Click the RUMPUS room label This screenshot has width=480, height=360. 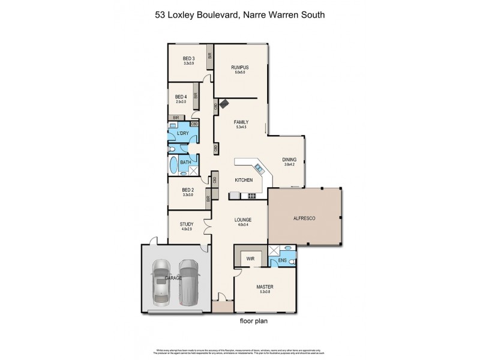[x=240, y=68]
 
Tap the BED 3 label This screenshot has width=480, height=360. [x=189, y=59]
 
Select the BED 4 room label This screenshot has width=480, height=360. [x=181, y=97]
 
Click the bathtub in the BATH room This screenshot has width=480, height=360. [x=175, y=166]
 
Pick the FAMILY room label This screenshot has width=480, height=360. [x=240, y=122]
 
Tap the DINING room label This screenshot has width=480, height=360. [x=290, y=159]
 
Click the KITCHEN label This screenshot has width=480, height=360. [x=244, y=179]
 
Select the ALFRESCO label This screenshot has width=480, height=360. [x=304, y=218]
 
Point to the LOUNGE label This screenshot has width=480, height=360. [x=242, y=220]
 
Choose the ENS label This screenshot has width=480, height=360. [x=282, y=261]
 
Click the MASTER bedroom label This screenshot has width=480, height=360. [x=265, y=287]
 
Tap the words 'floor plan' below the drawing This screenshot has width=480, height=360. [x=253, y=321]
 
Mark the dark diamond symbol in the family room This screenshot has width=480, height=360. [x=224, y=103]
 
